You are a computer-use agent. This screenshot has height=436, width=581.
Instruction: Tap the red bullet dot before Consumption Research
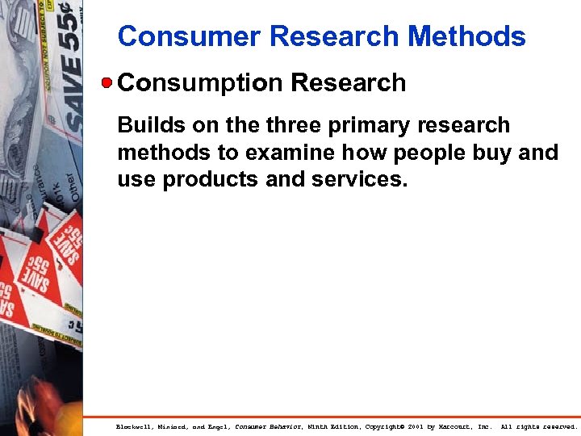point(107,82)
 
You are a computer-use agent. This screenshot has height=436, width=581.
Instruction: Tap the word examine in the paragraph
point(276,152)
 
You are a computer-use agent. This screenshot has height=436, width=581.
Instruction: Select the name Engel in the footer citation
point(214,426)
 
